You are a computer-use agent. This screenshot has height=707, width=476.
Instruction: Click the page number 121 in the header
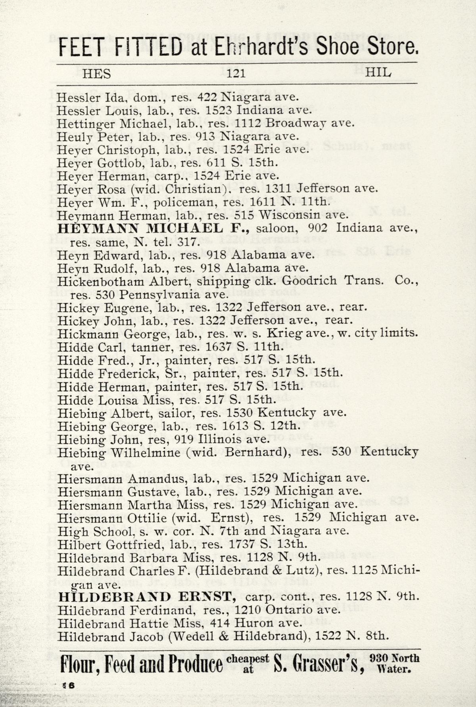coord(236,73)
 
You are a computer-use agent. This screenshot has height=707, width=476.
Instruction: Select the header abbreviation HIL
coord(378,72)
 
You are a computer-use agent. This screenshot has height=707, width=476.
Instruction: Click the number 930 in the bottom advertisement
coord(380,658)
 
